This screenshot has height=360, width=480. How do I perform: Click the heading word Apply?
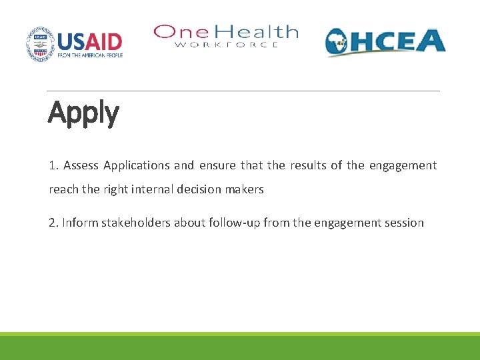tap(83, 114)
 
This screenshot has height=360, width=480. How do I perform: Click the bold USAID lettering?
tap(89, 41)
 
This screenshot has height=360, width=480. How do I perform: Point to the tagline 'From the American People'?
tap(89, 55)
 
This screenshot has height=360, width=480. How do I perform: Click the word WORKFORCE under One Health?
tap(226, 45)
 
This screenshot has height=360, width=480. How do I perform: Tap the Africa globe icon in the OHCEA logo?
tap(339, 43)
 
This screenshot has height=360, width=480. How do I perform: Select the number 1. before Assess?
tap(53, 165)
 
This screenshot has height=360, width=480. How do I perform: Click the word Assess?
tap(81, 165)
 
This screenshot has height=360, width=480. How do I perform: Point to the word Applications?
tap(137, 165)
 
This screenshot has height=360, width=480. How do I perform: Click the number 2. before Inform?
tap(53, 223)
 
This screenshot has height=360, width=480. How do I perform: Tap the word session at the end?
tap(404, 223)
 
